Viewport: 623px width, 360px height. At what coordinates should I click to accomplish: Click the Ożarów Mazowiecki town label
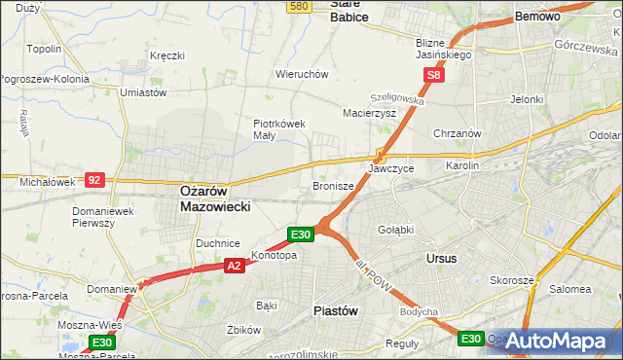(x=216, y=199)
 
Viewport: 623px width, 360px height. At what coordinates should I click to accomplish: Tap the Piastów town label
(x=337, y=310)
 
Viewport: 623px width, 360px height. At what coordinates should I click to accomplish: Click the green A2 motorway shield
(x=234, y=265)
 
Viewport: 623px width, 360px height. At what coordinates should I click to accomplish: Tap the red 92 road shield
(x=93, y=179)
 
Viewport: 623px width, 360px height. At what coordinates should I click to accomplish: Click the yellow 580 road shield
(x=299, y=6)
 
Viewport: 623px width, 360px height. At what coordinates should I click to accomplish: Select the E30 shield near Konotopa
(x=300, y=234)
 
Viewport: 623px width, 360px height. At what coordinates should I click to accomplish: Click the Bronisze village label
(x=332, y=185)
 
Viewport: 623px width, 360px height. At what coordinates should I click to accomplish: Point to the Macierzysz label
(x=369, y=113)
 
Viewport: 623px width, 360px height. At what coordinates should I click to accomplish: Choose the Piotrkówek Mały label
(x=279, y=129)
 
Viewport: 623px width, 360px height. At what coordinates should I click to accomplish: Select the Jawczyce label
(x=391, y=168)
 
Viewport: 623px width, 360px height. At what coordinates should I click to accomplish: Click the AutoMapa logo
(x=557, y=342)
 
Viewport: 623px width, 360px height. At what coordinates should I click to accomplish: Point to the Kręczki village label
(x=166, y=55)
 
